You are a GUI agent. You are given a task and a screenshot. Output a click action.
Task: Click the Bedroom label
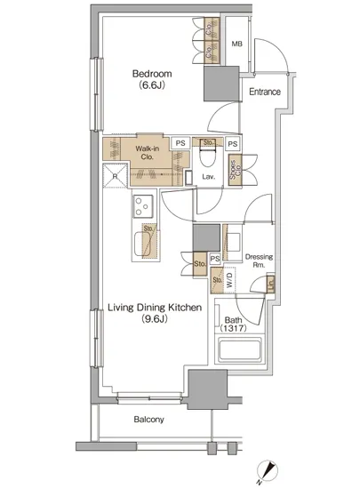click(152, 74)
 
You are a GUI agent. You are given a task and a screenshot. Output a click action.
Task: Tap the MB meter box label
click(236, 44)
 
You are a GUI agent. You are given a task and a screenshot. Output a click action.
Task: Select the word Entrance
click(265, 92)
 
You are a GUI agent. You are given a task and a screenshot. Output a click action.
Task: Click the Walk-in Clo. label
click(148, 153)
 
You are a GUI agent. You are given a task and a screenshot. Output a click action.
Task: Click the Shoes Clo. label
click(236, 170)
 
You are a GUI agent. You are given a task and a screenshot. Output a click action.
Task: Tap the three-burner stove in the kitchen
click(143, 206)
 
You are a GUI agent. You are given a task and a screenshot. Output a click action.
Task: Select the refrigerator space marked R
click(115, 175)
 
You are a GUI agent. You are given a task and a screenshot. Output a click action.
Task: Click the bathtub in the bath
click(239, 349)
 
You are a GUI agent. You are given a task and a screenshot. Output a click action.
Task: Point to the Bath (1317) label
click(233, 324)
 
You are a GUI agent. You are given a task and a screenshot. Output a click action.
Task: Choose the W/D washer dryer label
click(229, 280)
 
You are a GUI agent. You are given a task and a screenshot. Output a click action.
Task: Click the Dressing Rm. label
click(259, 261)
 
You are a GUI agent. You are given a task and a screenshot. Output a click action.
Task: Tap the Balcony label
click(148, 420)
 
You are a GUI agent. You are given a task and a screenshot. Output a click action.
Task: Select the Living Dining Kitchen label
click(155, 308)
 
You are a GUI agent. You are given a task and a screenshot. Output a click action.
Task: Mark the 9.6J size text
click(155, 319)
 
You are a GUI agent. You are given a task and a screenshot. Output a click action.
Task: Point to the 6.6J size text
click(152, 85)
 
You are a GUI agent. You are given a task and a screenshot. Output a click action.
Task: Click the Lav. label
click(209, 177)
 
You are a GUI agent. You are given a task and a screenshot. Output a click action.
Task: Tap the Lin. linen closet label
click(270, 285)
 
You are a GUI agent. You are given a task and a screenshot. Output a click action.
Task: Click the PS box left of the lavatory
click(180, 143)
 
